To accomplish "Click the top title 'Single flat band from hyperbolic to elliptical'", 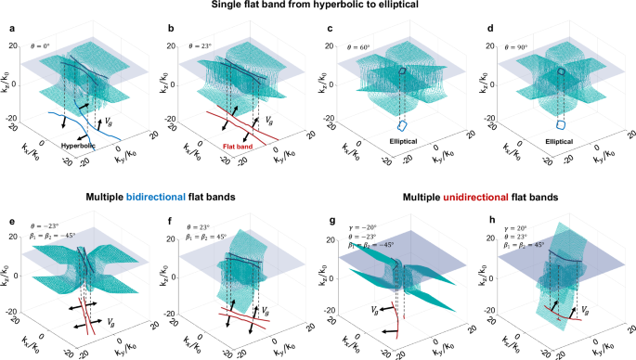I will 318,7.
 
